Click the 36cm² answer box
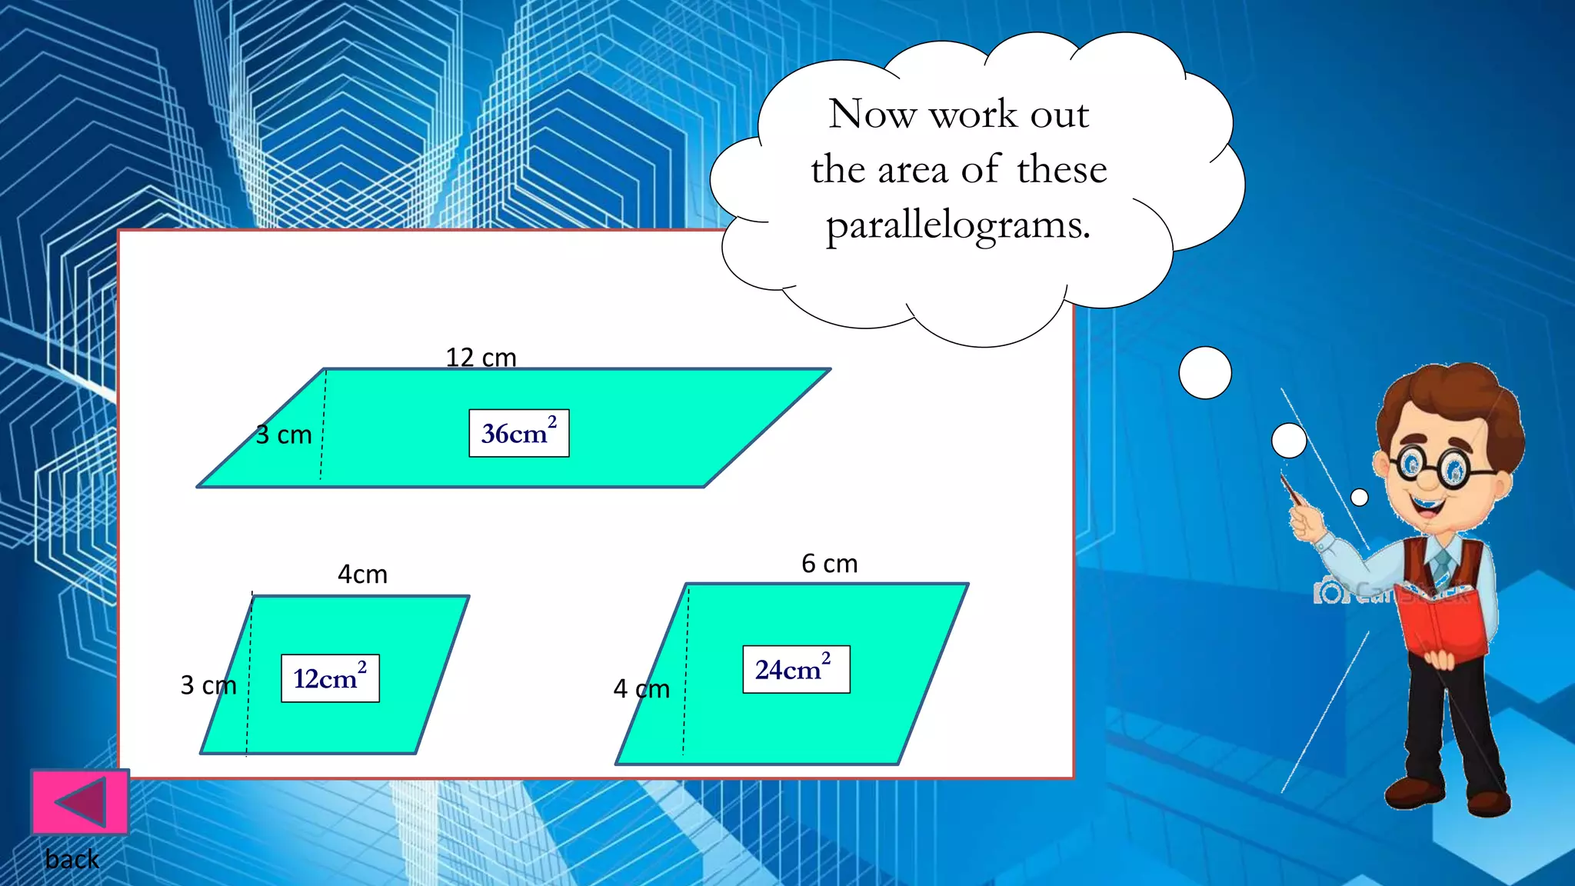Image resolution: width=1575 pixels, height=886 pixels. click(519, 433)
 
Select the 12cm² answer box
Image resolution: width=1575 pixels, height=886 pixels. click(330, 678)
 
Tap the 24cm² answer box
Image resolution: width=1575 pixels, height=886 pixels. click(796, 669)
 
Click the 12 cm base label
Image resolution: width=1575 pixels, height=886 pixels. click(481, 358)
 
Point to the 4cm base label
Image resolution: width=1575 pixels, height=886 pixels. click(362, 575)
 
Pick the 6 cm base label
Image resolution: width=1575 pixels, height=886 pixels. click(829, 564)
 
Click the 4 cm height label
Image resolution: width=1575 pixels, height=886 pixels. click(641, 689)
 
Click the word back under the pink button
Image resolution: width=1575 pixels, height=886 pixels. click(72, 859)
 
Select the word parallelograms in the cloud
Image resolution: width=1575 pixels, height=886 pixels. click(958, 225)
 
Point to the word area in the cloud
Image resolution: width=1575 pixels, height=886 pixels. click(913, 170)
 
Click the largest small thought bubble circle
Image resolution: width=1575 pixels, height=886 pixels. click(1205, 373)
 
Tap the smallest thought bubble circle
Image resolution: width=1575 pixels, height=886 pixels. click(1360, 498)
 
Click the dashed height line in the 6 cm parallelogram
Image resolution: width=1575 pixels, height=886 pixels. click(685, 669)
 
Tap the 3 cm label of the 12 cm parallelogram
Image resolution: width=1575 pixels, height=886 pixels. click(284, 435)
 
